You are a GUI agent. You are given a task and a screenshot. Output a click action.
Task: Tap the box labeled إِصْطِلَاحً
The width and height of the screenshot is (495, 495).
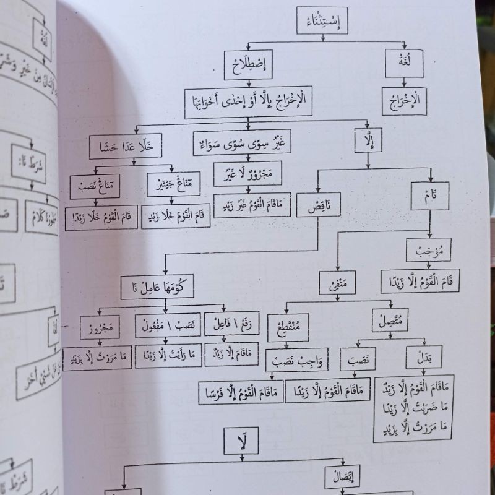click(x=248, y=64)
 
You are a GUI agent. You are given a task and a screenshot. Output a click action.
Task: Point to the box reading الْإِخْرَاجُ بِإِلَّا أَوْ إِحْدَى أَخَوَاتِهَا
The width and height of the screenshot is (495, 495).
click(x=249, y=100)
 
